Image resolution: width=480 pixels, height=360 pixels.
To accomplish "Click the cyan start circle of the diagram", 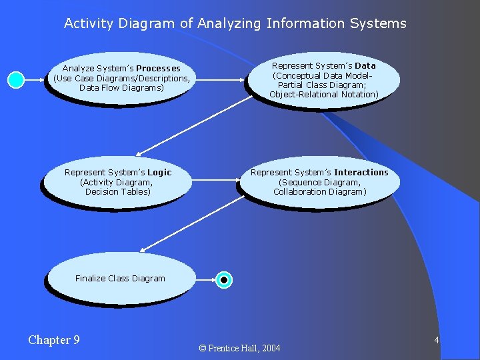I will (16, 80).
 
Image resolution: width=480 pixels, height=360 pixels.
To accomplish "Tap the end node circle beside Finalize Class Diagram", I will (225, 280).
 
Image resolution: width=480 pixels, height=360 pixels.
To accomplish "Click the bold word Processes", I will (158, 69).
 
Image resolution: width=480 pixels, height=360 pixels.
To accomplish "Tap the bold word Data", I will (365, 66).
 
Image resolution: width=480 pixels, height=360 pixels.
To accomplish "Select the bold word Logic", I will (159, 173).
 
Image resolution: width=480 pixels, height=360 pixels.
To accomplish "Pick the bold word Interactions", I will (361, 173).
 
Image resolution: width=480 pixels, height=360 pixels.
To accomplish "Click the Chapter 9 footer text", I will (54, 340).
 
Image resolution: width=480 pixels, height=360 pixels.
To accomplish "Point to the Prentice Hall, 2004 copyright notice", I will (239, 348).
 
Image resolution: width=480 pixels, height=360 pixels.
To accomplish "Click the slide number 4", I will (436, 341).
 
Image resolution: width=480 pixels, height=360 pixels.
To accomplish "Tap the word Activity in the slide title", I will (89, 23).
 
